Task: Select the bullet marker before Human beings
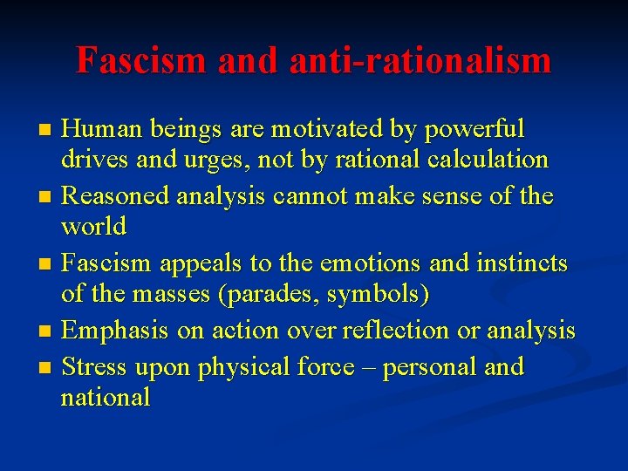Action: [x=47, y=131]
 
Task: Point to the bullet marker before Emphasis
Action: [x=47, y=332]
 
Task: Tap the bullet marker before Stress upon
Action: [x=47, y=367]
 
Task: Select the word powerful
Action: [x=478, y=129]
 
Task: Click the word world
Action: [x=93, y=228]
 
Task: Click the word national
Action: [x=105, y=398]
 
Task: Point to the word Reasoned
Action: [x=121, y=196]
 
